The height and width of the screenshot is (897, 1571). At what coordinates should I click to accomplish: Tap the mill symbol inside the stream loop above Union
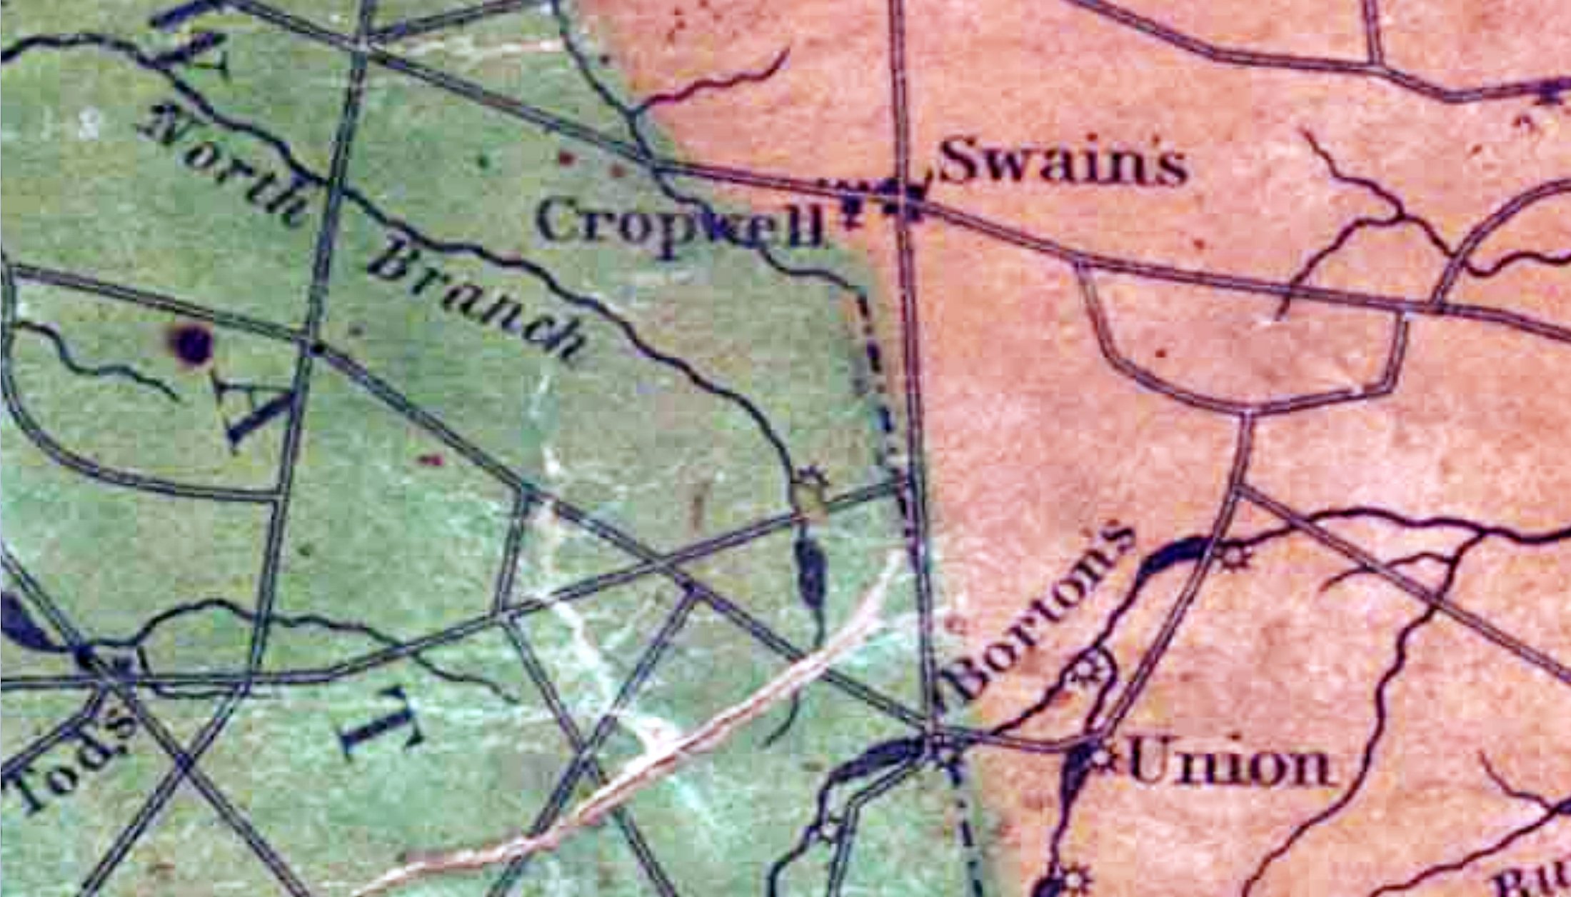[x=1088, y=671]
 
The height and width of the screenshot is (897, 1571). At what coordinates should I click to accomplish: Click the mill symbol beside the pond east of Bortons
[x=1230, y=555]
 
